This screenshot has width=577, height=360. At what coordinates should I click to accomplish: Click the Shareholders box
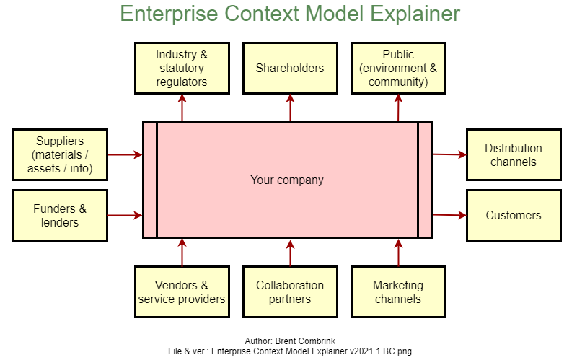[291, 68]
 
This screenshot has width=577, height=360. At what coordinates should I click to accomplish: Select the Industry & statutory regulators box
[182, 68]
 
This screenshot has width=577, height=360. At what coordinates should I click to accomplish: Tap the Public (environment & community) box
[399, 68]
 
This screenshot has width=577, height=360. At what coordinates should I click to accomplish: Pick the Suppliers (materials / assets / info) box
[61, 154]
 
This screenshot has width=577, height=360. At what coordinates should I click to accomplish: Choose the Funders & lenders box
[61, 215]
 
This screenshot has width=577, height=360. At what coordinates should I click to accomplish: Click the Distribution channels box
[514, 154]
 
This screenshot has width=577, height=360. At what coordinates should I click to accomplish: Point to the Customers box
[514, 215]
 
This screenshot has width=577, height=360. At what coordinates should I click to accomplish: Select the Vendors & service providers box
[182, 292]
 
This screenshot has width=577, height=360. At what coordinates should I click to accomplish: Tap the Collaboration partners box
[291, 292]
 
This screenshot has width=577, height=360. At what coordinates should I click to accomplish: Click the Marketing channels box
[399, 292]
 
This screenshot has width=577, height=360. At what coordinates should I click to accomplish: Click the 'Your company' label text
[287, 180]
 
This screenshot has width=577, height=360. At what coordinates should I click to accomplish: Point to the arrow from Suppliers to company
[125, 154]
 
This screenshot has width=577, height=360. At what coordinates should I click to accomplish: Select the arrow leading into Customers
[449, 215]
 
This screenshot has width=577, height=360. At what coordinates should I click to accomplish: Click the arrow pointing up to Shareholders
[291, 107]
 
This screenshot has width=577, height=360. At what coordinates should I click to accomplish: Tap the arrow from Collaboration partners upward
[291, 253]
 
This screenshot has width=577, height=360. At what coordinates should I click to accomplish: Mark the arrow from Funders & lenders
[125, 215]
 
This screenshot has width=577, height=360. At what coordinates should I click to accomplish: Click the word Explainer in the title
[415, 14]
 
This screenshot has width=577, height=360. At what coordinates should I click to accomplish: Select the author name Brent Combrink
[305, 341]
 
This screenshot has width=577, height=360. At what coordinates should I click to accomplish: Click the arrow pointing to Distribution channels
[449, 154]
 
